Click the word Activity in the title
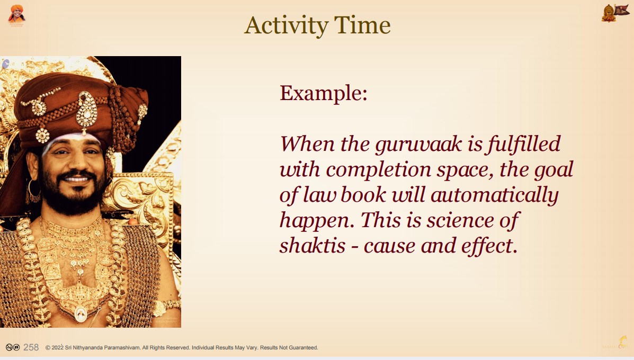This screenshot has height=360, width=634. tap(286, 26)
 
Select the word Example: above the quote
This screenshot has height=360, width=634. tap(324, 94)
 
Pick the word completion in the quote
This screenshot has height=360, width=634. tap(379, 170)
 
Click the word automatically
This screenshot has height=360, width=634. tap(495, 195)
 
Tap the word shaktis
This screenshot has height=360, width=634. tap(312, 246)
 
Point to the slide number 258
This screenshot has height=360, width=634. tap(31, 347)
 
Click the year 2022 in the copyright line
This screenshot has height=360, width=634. tap(57, 347)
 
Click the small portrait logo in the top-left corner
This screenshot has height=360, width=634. tap(16, 15)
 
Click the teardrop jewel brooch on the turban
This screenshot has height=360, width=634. tap(86, 112)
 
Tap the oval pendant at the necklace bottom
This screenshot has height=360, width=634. tap(81, 314)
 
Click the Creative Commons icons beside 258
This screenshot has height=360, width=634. tap(13, 347)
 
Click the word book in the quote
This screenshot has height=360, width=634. tap(363, 195)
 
